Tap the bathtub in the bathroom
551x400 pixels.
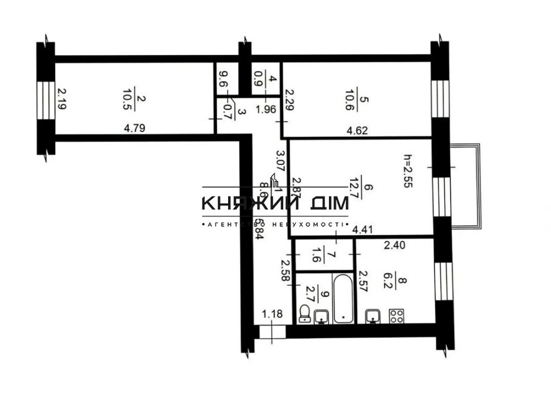[x=343, y=298]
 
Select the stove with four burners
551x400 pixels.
[x=396, y=315]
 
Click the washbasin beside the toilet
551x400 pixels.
[x=321, y=316]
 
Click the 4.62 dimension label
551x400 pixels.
[x=356, y=131]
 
